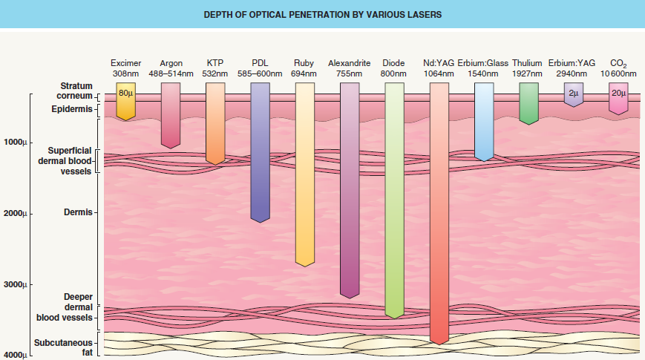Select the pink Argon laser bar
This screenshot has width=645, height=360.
[171, 115]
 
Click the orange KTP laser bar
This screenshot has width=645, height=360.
[215, 122]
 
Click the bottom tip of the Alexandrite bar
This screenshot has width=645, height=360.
[350, 296]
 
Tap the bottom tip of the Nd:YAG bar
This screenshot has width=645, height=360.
[439, 342]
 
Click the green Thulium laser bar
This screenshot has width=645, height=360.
[528, 102]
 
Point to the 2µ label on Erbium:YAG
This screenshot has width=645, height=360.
[573, 94]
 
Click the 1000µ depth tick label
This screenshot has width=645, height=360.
[15, 142]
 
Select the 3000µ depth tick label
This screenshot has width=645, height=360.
[15, 286]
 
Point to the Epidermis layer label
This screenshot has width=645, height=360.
[72, 109]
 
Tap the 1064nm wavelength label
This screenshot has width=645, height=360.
[439, 74]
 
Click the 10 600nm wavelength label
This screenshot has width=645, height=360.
[618, 74]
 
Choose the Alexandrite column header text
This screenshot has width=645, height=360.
[349, 63]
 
